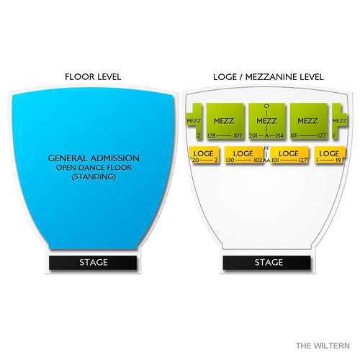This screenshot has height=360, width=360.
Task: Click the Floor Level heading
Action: [93, 77]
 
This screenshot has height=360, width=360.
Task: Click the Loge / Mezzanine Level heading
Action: [269, 77]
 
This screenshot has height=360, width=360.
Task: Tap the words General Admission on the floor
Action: [94, 158]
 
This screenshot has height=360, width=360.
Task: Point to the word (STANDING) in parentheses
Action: [94, 177]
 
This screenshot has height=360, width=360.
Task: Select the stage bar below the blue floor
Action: [93, 263]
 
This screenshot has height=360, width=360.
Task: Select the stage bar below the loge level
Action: [266, 263]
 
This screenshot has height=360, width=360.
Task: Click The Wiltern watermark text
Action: [323, 346]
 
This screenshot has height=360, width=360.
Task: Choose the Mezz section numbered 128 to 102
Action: [225, 121]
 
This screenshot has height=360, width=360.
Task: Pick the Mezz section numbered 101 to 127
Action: [308, 121]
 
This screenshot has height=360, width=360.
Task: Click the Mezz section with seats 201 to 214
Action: [266, 121]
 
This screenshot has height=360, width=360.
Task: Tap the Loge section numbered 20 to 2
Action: [204, 155]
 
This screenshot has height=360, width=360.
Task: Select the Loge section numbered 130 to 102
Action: [243, 155]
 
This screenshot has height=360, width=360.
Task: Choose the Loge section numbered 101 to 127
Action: [289, 155]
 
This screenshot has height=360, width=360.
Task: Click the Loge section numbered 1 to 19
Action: [330, 155]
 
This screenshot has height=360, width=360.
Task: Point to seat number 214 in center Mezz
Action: [279, 136]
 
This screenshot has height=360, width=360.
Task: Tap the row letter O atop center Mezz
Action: [266, 106]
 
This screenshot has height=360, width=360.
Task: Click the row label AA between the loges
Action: [266, 160]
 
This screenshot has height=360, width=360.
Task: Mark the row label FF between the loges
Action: [266, 148]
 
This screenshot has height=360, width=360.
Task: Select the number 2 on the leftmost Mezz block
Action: [199, 136]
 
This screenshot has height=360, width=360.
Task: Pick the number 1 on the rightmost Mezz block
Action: [333, 136]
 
